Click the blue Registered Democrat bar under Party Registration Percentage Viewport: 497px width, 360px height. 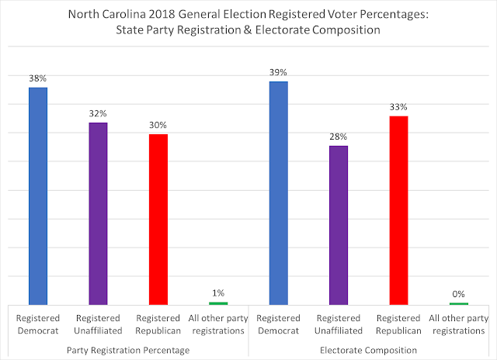tap(38, 196)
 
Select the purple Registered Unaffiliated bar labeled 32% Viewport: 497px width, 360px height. tap(98, 213)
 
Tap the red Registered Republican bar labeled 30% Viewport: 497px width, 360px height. tap(158, 219)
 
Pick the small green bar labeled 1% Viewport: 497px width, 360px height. tap(218, 303)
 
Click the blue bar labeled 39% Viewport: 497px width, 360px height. tap(278, 192)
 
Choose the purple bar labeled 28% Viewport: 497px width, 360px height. tap(339, 225)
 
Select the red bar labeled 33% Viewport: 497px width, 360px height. tap(398, 209)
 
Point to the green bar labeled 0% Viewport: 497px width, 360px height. tap(458, 303)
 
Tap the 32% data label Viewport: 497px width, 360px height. tap(98, 112)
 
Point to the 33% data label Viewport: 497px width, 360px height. tap(398, 106)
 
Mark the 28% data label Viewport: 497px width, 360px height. tap(339, 136)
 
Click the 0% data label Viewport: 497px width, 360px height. tap(458, 294)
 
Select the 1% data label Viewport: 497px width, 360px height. tap(218, 292)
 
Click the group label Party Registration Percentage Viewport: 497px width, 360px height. tap(128, 350)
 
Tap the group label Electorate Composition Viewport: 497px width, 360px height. tap(369, 350)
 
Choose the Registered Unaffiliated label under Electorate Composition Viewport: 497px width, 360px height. tap(339, 324)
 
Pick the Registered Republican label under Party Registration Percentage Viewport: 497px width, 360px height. tap(158, 324)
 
